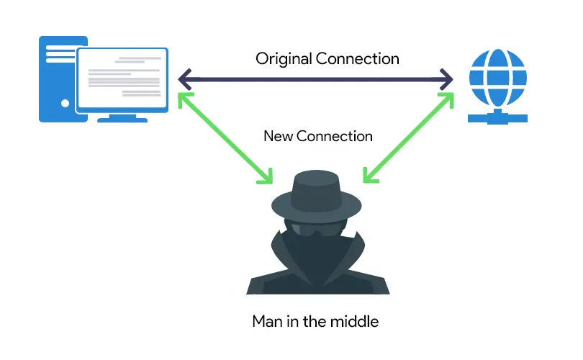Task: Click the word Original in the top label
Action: pyautogui.click(x=281, y=58)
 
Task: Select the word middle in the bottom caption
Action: pyautogui.click(x=356, y=321)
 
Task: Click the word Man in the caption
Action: pyautogui.click(x=267, y=321)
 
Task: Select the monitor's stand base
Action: pyautogui.click(x=123, y=118)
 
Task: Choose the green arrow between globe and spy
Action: pyautogui.click(x=408, y=137)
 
